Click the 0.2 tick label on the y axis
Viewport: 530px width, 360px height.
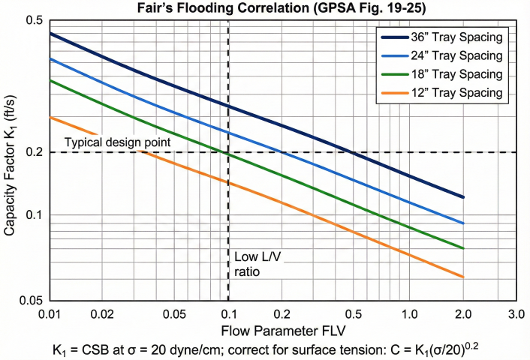(x=33, y=152)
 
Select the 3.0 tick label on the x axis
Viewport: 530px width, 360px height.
(x=516, y=312)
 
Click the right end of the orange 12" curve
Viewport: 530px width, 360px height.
(x=464, y=277)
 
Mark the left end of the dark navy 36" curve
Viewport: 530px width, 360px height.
(x=50, y=34)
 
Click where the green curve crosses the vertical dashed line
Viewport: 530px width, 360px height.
(x=228, y=154)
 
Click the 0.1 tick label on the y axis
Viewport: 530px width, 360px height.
(x=33, y=215)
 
